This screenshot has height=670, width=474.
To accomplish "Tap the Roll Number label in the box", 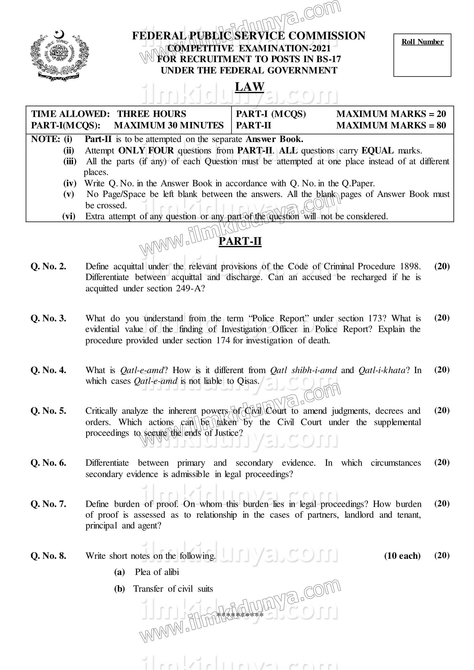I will (x=422, y=42).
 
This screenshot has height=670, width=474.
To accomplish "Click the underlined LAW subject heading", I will (x=249, y=87).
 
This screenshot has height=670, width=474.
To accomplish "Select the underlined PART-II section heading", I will (x=240, y=241).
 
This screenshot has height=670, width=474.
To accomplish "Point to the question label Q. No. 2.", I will (x=48, y=266).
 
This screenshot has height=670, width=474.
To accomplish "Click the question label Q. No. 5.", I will (x=48, y=411).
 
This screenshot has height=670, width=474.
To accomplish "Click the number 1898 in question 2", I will (x=410, y=266).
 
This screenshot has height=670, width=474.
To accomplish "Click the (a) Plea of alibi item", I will (x=147, y=572).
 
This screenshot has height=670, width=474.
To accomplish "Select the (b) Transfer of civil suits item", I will (x=164, y=589).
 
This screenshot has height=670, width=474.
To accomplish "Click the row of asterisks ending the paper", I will (x=240, y=615).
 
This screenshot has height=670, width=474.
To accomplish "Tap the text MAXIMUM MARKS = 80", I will (x=391, y=125).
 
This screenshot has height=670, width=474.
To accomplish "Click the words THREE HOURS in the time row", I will (x=152, y=114).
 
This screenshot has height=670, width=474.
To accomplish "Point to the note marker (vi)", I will (x=69, y=216).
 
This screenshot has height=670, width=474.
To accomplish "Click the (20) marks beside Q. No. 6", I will (x=442, y=462).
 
